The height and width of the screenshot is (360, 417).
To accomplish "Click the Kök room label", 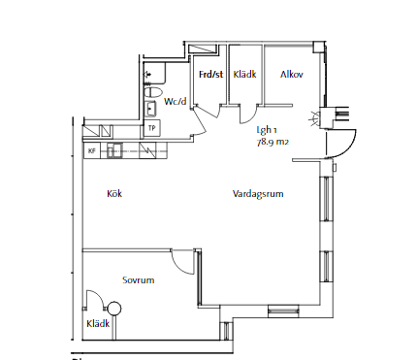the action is [114, 193].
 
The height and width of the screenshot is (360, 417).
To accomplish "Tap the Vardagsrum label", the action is [258, 194].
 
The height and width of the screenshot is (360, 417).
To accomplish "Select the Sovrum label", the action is [139, 279].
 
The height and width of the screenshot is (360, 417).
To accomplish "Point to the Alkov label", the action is [292, 75].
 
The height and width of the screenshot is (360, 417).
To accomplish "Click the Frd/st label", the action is [210, 75].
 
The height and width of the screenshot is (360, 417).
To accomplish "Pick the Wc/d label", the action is [176, 101].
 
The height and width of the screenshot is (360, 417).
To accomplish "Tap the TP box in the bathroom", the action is [151, 128].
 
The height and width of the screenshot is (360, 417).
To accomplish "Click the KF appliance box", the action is [92, 150].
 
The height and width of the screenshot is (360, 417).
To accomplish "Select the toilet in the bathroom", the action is [153, 92].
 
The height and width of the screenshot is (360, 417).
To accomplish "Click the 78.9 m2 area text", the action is [273, 142].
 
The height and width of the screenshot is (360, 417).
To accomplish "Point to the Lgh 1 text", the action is [267, 130].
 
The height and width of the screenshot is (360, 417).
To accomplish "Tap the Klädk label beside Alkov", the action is [244, 75].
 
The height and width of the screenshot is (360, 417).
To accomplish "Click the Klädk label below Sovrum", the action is [98, 323].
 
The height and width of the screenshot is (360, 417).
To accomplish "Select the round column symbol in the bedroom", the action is [114, 309].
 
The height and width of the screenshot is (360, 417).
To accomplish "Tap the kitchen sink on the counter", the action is [114, 150].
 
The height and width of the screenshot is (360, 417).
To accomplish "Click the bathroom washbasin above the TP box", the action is [150, 109].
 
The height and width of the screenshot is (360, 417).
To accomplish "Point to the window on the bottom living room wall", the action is [283, 311].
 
